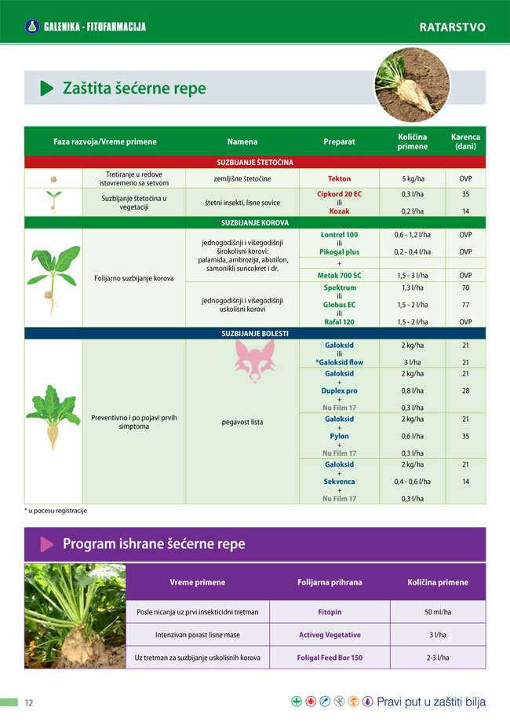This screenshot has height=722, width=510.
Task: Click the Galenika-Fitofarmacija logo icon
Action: click(x=32, y=27)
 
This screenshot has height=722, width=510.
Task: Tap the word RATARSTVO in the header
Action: click(x=452, y=27)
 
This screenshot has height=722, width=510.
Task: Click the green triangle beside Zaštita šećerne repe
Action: click(x=47, y=88)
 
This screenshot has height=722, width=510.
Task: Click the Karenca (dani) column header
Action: click(x=465, y=141)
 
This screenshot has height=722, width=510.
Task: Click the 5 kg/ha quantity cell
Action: click(x=413, y=179)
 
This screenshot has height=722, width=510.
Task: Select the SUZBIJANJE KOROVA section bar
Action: click(x=255, y=222)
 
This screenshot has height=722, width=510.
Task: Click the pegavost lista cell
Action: click(x=242, y=422)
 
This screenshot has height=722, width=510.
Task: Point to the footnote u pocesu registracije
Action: click(x=56, y=511)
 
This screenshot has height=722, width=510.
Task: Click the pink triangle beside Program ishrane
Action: click(x=47, y=544)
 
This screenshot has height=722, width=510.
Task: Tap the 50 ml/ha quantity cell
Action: click(x=437, y=611)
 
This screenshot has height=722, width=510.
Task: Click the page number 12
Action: click(x=29, y=702)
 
